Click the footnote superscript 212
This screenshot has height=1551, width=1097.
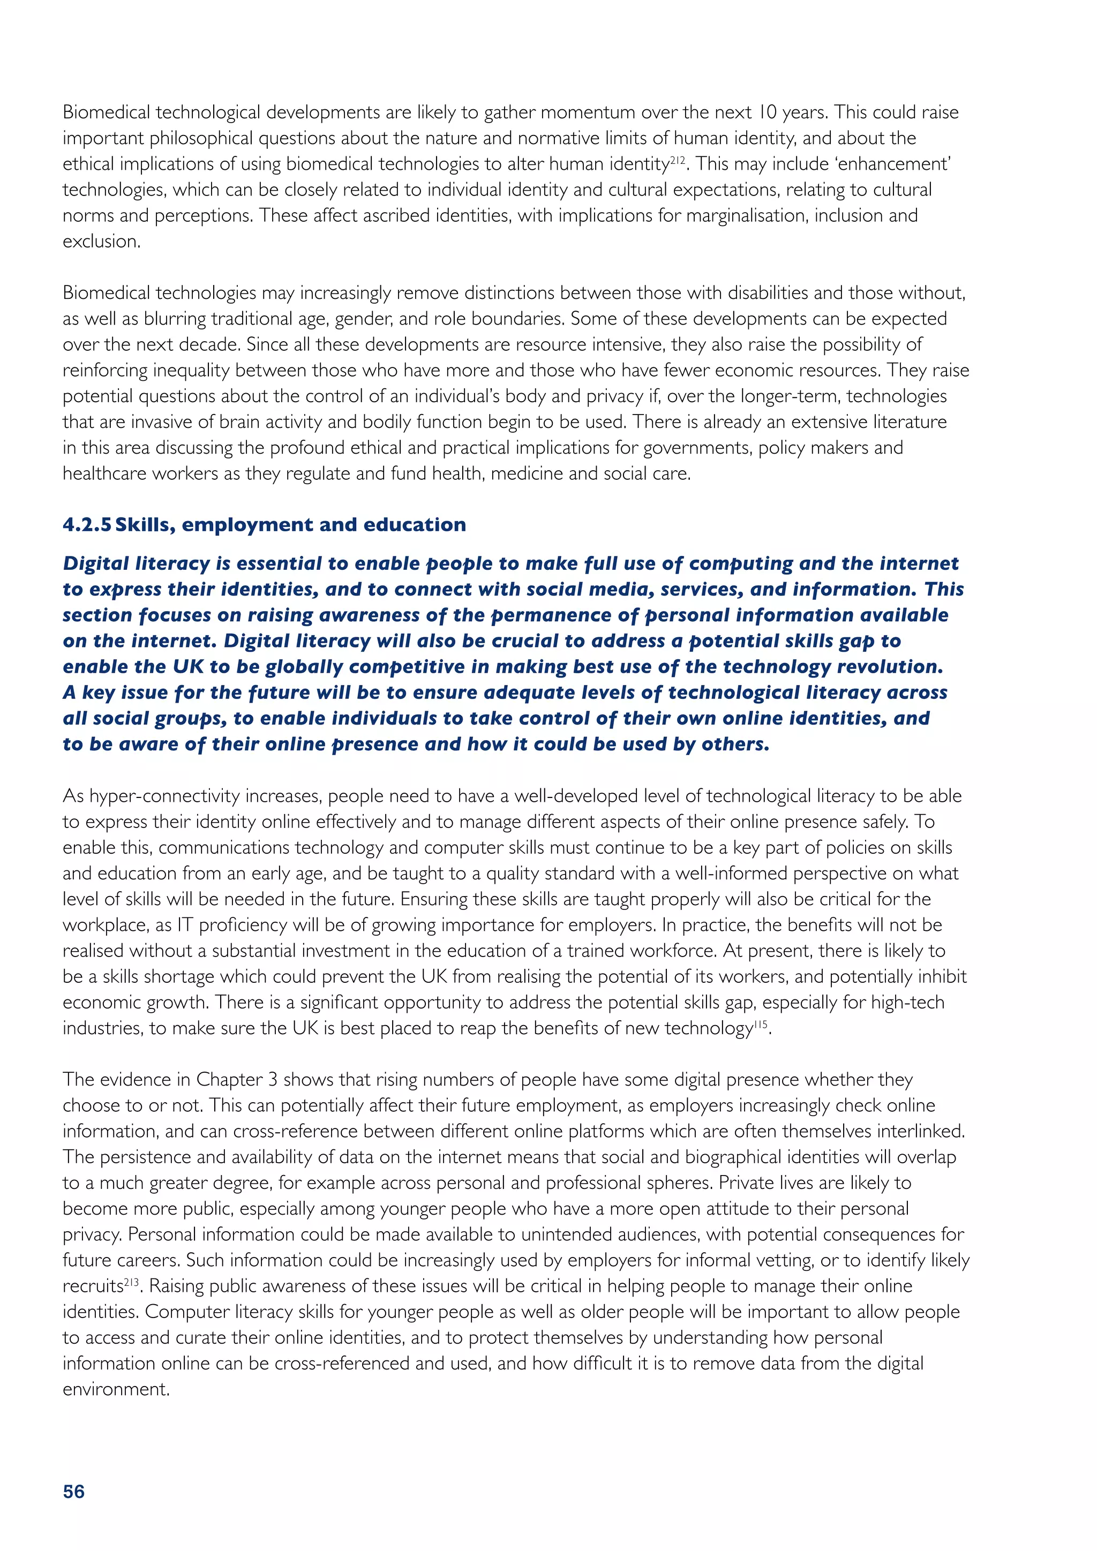point(678,160)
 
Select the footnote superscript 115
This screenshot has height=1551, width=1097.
point(761,1023)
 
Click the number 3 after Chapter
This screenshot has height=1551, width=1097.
point(272,1080)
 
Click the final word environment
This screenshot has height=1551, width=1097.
point(116,1390)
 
